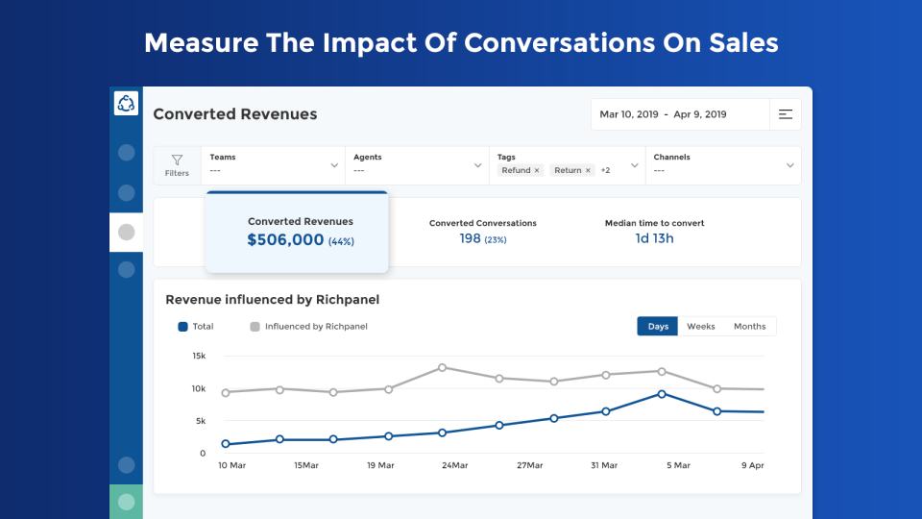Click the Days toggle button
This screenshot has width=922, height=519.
click(x=658, y=327)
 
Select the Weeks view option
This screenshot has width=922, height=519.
click(x=701, y=327)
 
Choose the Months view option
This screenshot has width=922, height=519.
click(x=750, y=327)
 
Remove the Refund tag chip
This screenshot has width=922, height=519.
click(x=537, y=170)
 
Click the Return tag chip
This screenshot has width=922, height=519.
click(x=568, y=170)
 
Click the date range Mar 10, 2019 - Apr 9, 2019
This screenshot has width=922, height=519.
click(x=663, y=114)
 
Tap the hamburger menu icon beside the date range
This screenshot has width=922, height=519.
click(x=786, y=114)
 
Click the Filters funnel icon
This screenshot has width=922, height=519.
click(x=177, y=161)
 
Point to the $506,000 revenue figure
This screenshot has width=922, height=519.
click(x=285, y=240)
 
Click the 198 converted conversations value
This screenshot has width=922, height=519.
click(x=470, y=238)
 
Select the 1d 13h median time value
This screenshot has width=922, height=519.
click(x=654, y=238)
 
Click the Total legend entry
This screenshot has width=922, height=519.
click(x=196, y=327)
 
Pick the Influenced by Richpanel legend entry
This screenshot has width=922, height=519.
click(x=308, y=327)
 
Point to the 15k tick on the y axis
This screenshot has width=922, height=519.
click(x=199, y=356)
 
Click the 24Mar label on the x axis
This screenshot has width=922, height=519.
click(x=454, y=465)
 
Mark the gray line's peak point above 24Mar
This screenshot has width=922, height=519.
click(x=442, y=367)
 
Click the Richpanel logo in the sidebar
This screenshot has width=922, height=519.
click(x=126, y=104)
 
